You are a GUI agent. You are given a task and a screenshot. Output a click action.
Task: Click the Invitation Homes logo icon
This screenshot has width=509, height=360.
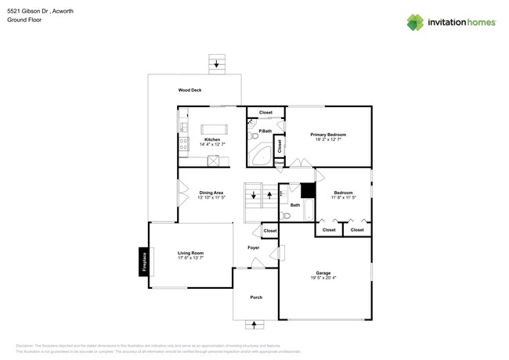pyautogui.click(x=415, y=22)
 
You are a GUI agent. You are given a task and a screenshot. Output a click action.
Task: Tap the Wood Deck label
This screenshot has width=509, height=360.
pyautogui.click(x=190, y=90)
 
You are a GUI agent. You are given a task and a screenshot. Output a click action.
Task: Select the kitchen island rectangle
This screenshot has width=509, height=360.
pyautogui.click(x=214, y=129)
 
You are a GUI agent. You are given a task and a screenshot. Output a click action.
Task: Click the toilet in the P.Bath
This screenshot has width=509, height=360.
pyautogui.click(x=254, y=136)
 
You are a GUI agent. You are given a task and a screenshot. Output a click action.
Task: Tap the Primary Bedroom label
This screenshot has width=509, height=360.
pyautogui.click(x=328, y=135)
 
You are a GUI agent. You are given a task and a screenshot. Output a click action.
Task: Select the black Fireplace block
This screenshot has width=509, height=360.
pyautogui.click(x=144, y=261)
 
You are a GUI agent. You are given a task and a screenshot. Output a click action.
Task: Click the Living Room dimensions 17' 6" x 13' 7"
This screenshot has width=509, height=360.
pyautogui.click(x=190, y=258)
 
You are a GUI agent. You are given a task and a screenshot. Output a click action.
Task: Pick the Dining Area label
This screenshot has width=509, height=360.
pyautogui.click(x=211, y=193)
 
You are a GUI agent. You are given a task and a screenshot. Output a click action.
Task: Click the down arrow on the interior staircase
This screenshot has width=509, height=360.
pyautogui.click(x=253, y=195)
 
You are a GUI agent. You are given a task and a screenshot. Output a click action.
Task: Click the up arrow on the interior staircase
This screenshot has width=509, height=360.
pyautogui.click(x=269, y=195)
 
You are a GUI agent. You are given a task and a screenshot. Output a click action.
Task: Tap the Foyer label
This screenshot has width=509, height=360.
pyautogui.click(x=253, y=247)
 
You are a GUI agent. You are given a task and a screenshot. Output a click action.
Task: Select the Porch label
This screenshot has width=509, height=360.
pyautogui.click(x=256, y=297)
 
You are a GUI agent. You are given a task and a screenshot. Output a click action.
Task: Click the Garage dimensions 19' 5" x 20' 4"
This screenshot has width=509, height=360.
pyautogui.click(x=323, y=278)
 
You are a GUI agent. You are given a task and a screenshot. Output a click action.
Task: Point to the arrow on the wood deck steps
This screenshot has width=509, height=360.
pyautogui.click(x=217, y=64)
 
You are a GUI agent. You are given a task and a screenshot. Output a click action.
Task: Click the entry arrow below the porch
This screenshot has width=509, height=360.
pyautogui.click(x=254, y=324)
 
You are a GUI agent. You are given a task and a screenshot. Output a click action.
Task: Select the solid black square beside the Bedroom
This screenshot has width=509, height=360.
pyautogui.click(x=308, y=190)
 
